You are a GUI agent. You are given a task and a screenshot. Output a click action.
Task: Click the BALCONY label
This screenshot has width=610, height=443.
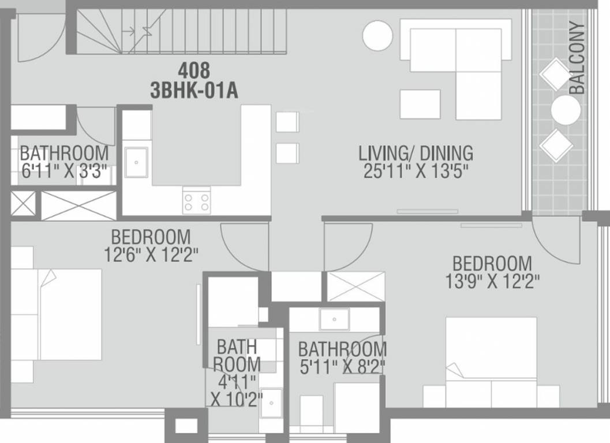pyautogui.click(x=579, y=58)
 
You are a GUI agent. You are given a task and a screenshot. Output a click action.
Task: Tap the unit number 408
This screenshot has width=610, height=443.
pyautogui.click(x=194, y=70)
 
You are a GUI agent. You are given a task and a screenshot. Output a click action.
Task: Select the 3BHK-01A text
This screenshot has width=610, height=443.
pyautogui.click(x=194, y=91)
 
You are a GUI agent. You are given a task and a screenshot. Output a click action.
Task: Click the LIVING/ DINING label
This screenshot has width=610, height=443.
pyautogui.click(x=416, y=153)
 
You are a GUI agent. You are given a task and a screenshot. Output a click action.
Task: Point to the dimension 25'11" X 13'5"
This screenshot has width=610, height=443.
pyautogui.click(x=416, y=172)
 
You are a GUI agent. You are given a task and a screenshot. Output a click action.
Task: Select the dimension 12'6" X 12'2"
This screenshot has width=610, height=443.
pyautogui.click(x=152, y=255)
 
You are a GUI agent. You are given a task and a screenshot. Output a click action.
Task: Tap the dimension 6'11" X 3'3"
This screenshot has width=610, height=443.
pyautogui.click(x=63, y=172)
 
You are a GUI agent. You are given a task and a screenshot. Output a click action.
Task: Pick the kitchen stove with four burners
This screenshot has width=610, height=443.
pyautogui.click(x=196, y=201)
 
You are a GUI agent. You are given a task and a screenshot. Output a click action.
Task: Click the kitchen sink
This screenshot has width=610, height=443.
pyautogui.click(x=136, y=164)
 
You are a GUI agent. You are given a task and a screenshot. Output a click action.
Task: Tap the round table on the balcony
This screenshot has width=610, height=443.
pyautogui.click(x=566, y=110)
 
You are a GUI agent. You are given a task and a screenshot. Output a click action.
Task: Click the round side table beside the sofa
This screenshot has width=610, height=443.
pyautogui.click(x=377, y=36)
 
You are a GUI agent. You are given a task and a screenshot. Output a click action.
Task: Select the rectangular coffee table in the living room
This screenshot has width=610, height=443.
pyautogui.click(x=420, y=104)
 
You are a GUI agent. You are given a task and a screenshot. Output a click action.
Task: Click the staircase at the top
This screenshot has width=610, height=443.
pyautogui.click(x=182, y=32)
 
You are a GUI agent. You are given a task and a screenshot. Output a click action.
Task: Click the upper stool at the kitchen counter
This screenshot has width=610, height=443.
pyautogui.click(x=287, y=122)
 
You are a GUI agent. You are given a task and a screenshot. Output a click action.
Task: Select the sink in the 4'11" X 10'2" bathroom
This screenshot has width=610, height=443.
pyautogui.click(x=271, y=402)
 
